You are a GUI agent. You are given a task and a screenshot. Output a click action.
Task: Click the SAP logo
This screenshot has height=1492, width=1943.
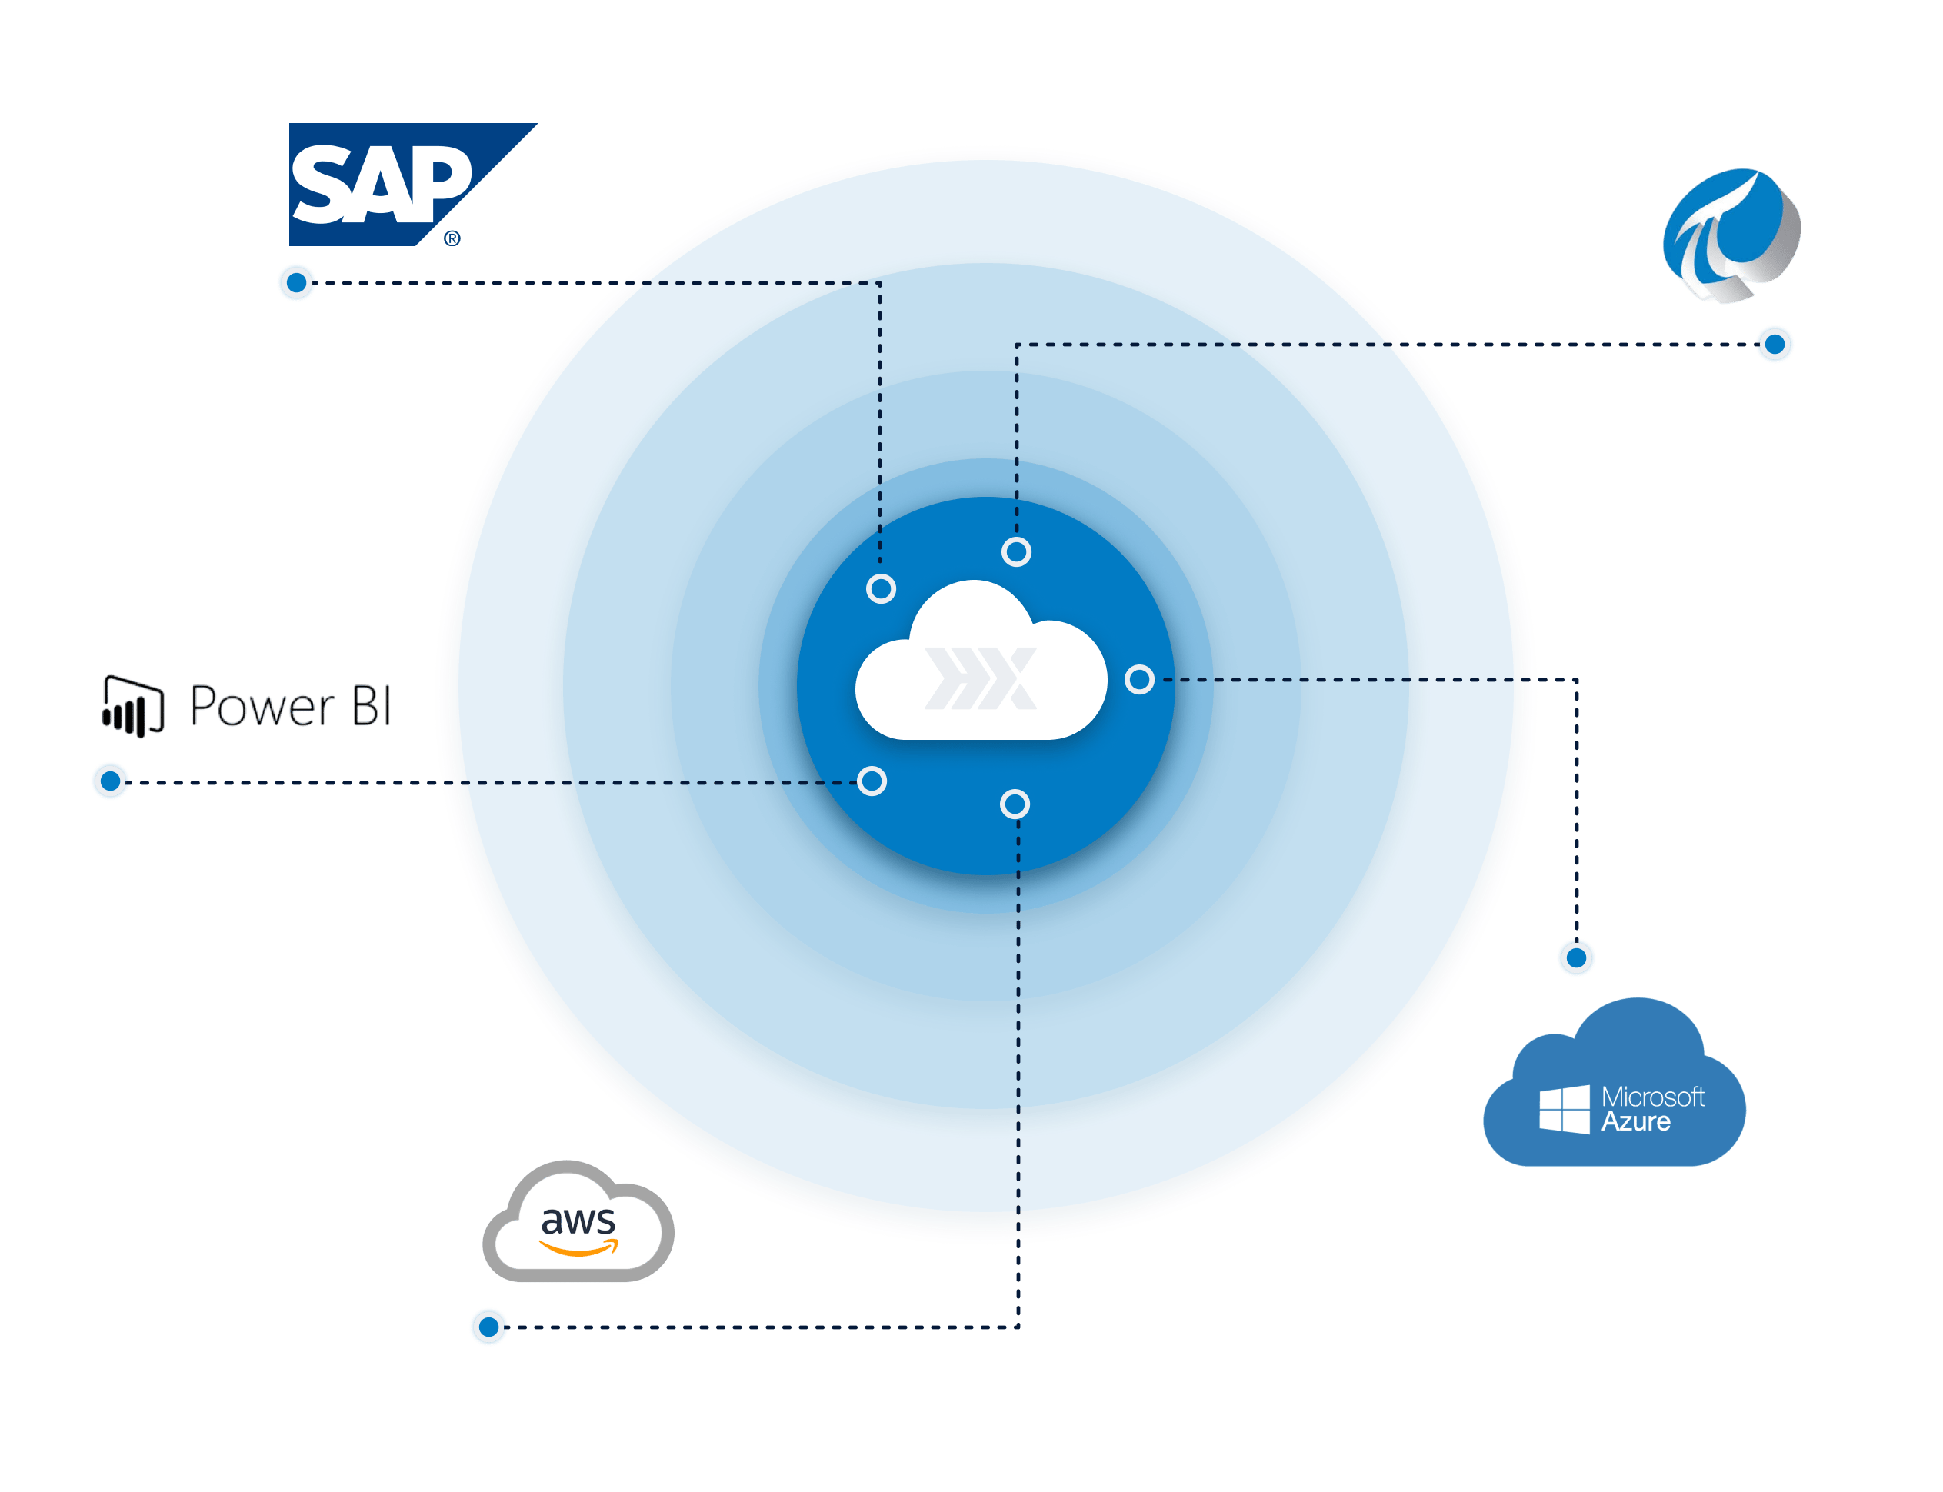pos(391,184)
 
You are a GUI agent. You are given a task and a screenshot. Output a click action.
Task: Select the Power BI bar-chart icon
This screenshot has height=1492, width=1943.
pos(133,707)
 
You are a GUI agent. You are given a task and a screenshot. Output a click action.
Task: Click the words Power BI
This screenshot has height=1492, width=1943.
pos(291,707)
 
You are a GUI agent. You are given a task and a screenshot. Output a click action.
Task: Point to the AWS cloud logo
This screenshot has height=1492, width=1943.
pos(578,1222)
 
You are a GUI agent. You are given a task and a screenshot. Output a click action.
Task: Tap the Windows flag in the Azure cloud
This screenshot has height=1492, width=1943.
pos(1564,1108)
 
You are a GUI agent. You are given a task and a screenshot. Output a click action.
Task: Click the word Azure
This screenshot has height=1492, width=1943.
pos(1636,1121)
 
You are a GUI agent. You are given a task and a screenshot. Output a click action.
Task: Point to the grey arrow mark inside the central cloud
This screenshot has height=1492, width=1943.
pos(981,678)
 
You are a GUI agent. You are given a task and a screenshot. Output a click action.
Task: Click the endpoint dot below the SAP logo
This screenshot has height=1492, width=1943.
pos(297,282)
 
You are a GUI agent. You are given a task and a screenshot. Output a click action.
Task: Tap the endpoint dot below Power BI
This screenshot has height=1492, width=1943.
pos(110,781)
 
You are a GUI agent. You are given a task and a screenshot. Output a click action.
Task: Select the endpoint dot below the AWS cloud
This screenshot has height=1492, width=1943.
pos(488,1327)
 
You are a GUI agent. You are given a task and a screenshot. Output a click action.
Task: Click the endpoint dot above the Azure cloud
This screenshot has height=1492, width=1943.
pos(1576,957)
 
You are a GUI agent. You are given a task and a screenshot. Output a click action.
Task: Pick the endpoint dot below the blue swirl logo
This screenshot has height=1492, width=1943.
pos(1775,344)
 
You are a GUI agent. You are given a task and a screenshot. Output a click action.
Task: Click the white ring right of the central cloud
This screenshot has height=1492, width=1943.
pos(1139,679)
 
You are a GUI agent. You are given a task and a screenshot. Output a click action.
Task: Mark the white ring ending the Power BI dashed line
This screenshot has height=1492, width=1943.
pos(872,781)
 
